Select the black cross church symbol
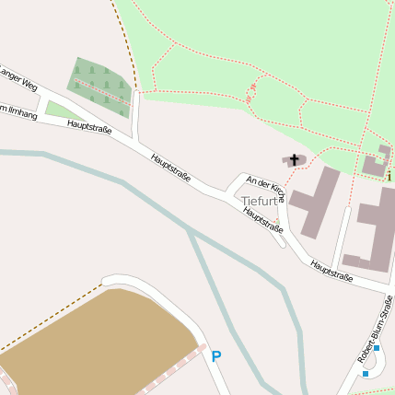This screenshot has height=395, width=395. (x=295, y=160)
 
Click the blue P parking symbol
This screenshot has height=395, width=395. (x=216, y=356)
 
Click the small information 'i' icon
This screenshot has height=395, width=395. (x=389, y=175)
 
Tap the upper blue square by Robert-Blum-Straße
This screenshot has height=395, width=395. (x=376, y=348)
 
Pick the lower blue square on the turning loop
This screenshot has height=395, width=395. (x=366, y=373)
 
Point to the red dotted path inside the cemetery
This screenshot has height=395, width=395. (x=99, y=90)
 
